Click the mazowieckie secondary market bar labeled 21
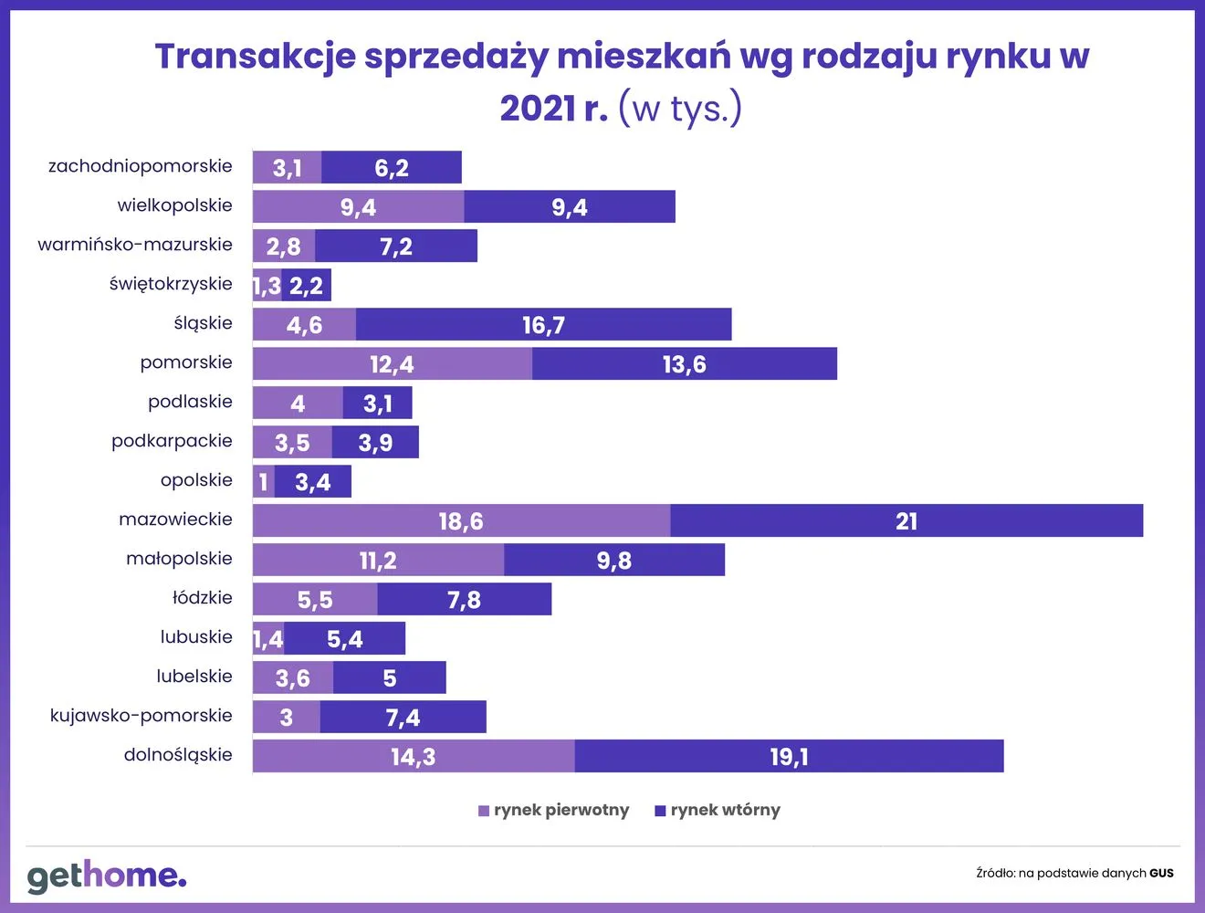pos(906,520)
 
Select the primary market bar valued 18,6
pos(461,520)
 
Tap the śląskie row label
pos(203,323)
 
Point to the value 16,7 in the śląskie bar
pos(543,325)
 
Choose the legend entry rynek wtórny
pos(718,810)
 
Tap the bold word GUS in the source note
pos(1161,873)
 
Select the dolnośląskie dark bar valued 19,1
pos(789,756)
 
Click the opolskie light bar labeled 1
pos(264,481)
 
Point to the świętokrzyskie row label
pos(171,284)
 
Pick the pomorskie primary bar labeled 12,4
pos(392,363)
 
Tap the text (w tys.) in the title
pos(680,109)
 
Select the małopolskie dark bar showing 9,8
pos(613,560)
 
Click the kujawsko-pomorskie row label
pos(141,716)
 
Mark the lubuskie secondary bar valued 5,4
pos(344,638)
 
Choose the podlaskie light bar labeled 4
pos(298,403)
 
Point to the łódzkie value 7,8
pos(464,599)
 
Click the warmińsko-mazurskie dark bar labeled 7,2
pos(395,246)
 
